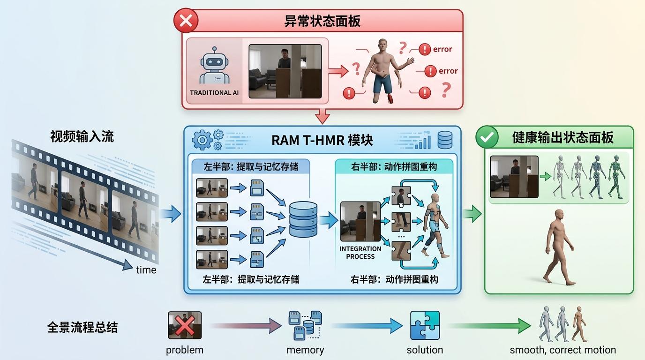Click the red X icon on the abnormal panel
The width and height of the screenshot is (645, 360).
click(x=186, y=21)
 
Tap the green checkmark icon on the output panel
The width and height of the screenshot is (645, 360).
click(x=487, y=137)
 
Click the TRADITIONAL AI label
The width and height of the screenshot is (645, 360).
click(x=214, y=93)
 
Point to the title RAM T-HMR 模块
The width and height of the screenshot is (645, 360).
click(x=322, y=140)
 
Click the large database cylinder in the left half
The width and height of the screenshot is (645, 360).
click(x=303, y=219)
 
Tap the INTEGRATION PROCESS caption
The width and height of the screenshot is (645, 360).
click(x=360, y=253)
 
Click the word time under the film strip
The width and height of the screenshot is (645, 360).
click(x=146, y=270)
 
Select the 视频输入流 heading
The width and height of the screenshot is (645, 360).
click(x=82, y=136)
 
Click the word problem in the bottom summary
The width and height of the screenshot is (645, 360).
click(x=185, y=350)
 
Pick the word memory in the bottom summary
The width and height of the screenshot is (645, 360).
click(x=305, y=350)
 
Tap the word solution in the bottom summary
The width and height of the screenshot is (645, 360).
click(x=425, y=350)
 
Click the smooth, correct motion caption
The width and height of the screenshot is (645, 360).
click(x=562, y=350)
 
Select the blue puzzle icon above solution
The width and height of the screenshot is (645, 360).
click(x=425, y=325)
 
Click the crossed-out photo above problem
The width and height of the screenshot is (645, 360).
click(x=185, y=325)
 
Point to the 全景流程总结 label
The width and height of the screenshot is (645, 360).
click(x=82, y=327)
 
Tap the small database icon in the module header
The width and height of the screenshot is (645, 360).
click(x=445, y=140)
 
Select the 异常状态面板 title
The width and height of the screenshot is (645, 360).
click(x=322, y=21)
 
